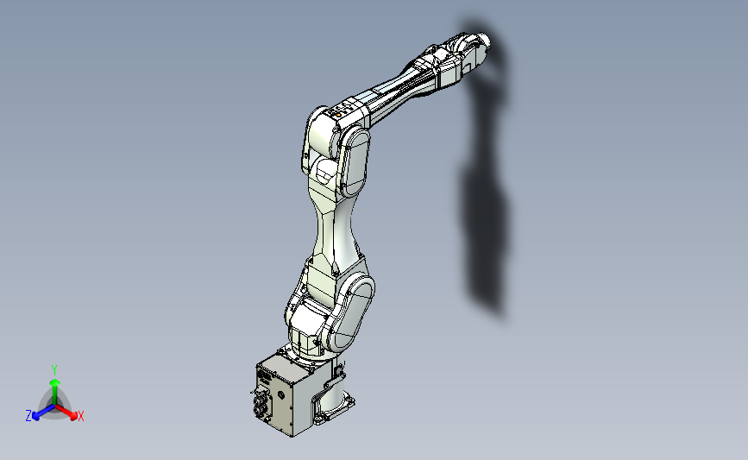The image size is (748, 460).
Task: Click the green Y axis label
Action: tap(54, 370)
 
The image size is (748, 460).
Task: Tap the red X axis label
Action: tap(81, 416)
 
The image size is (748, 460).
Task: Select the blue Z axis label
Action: tap(28, 416)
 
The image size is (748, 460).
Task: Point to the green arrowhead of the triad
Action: tap(55, 383)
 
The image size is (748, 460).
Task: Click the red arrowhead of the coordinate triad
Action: tap(73, 416)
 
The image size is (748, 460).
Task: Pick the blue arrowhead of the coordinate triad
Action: tap(35, 417)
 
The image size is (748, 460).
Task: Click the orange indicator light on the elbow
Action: tap(338, 115)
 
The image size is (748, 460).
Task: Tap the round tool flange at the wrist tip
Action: tap(483, 41)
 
